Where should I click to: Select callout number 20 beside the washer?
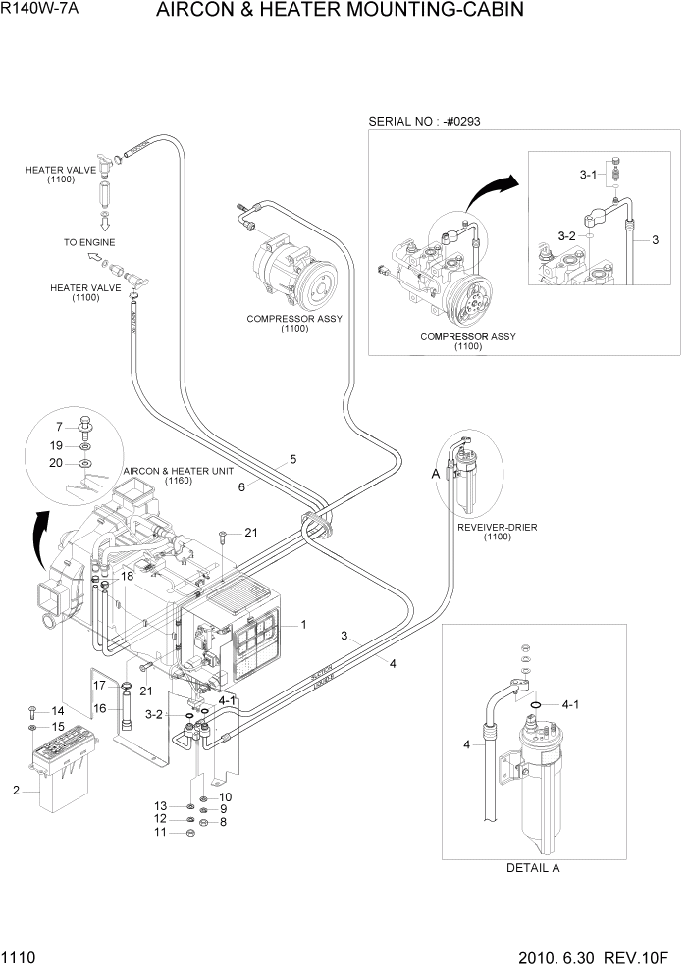(58, 462)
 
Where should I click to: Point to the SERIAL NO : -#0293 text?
(424, 121)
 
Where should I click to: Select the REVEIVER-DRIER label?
(498, 527)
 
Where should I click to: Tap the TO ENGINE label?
(89, 241)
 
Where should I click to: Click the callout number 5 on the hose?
(292, 459)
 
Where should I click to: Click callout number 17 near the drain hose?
(99, 684)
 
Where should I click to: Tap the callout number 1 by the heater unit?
(304, 624)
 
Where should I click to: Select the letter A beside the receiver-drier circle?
(435, 474)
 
